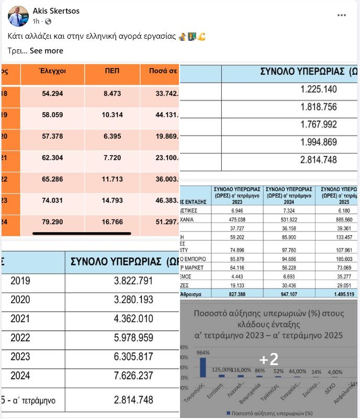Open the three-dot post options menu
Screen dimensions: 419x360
point(342,15)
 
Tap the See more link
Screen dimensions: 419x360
point(47,51)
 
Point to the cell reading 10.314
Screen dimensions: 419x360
point(113,114)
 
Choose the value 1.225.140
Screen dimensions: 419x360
point(319,89)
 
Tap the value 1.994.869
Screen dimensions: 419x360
point(319,142)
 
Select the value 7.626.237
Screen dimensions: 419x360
point(133,375)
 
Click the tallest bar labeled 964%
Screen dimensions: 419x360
point(203,367)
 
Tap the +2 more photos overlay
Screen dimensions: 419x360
point(269,359)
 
